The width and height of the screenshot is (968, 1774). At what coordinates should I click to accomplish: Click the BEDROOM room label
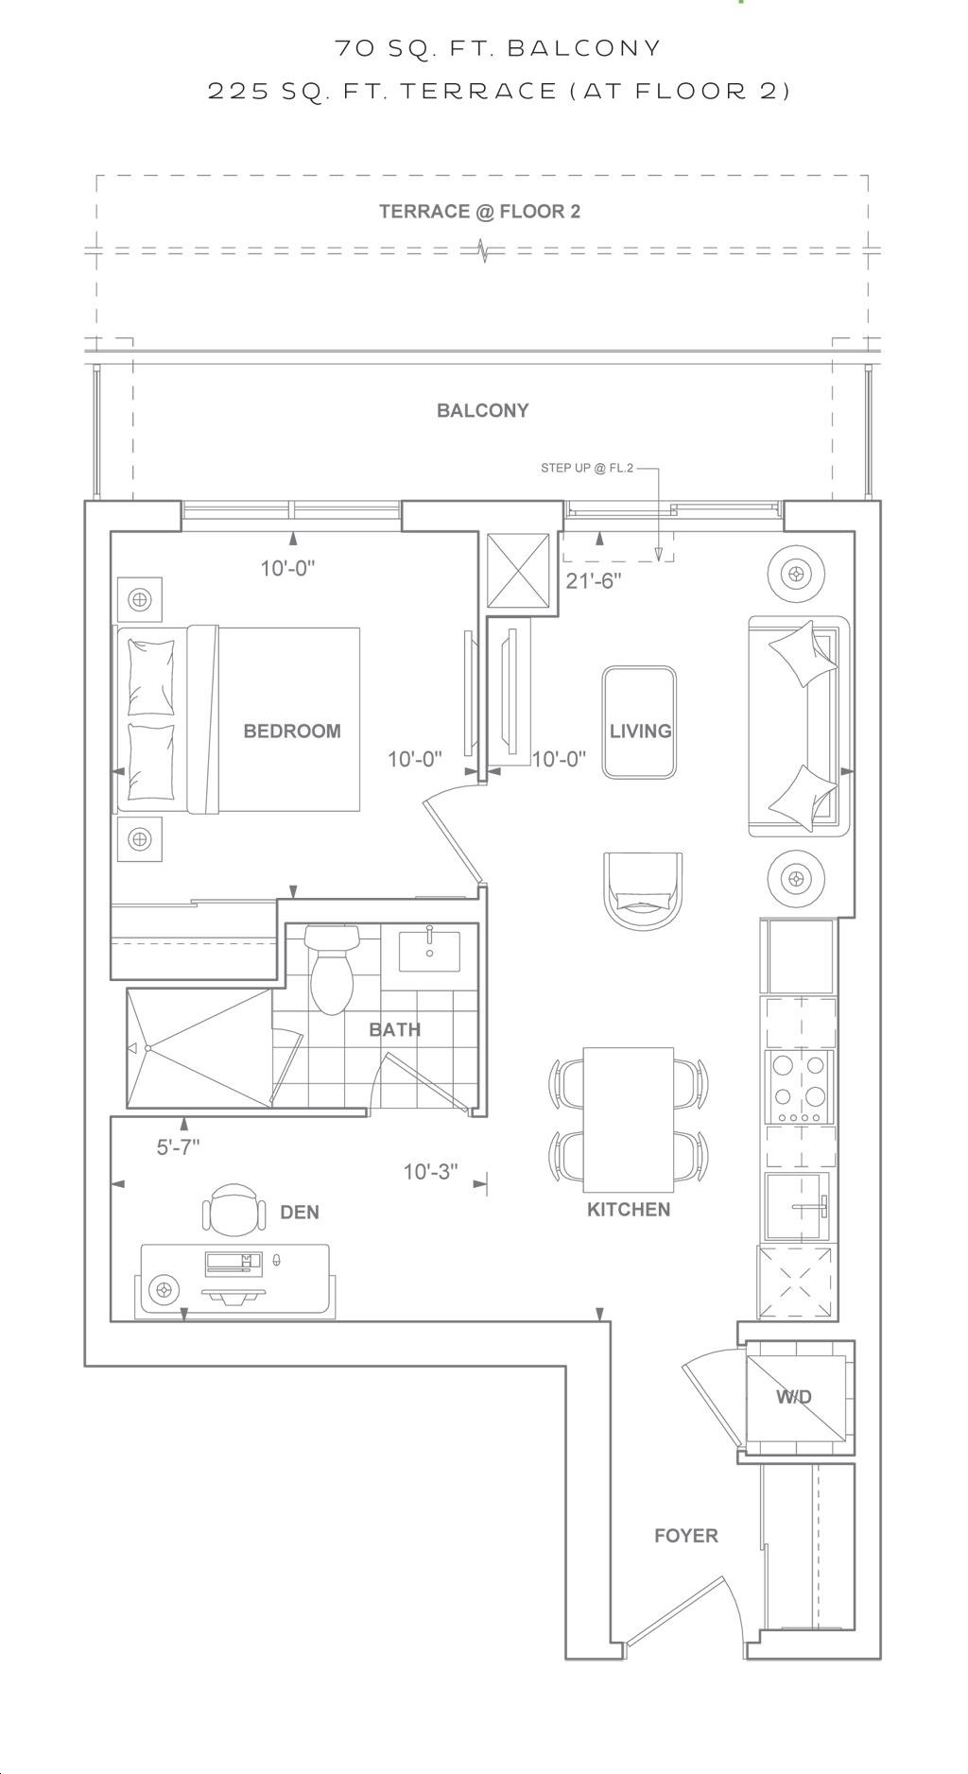coord(292,731)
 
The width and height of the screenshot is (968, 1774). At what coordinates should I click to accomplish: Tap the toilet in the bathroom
coord(331,969)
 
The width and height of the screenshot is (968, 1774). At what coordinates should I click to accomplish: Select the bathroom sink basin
coord(429,951)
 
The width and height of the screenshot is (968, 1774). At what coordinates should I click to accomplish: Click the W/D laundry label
coord(794,1397)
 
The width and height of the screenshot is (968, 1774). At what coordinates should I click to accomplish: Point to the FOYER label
coord(686,1536)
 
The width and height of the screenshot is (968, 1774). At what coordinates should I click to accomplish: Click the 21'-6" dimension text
coord(594,581)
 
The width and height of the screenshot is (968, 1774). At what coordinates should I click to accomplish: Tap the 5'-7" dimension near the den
coord(178,1147)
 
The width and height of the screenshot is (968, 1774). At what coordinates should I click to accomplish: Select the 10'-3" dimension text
coord(431,1172)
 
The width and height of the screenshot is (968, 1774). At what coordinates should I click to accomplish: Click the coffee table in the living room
coord(640,723)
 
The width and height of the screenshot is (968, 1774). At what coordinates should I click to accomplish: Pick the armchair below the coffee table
coord(642,891)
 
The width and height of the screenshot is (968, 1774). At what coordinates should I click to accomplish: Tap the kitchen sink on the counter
coord(798,1206)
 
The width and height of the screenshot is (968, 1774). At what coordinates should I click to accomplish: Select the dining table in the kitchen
coord(629,1120)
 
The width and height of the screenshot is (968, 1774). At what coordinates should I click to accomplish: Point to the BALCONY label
coord(483,410)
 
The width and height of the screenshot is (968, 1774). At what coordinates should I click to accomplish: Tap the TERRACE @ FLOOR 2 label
coord(480,212)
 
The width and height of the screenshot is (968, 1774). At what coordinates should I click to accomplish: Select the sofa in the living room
coord(799,726)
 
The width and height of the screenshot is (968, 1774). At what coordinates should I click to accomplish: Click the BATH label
coord(395,1029)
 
